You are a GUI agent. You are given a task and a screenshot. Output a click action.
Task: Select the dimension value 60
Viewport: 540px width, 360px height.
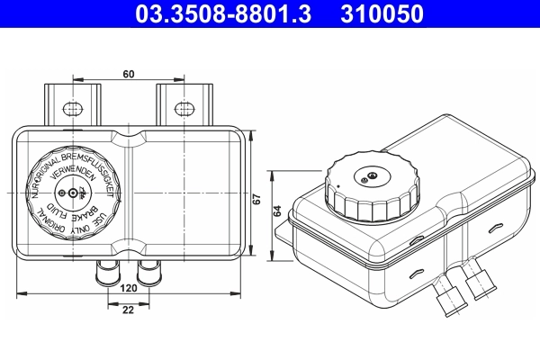pyautogui.click(x=130, y=76)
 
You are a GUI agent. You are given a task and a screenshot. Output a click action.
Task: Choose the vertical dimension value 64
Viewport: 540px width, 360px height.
pyautogui.click(x=277, y=211)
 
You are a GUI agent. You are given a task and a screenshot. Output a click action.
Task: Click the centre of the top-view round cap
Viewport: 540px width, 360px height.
pyautogui.click(x=73, y=193)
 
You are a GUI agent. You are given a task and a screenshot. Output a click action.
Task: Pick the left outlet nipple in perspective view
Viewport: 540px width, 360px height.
pyautogui.click(x=446, y=298)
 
